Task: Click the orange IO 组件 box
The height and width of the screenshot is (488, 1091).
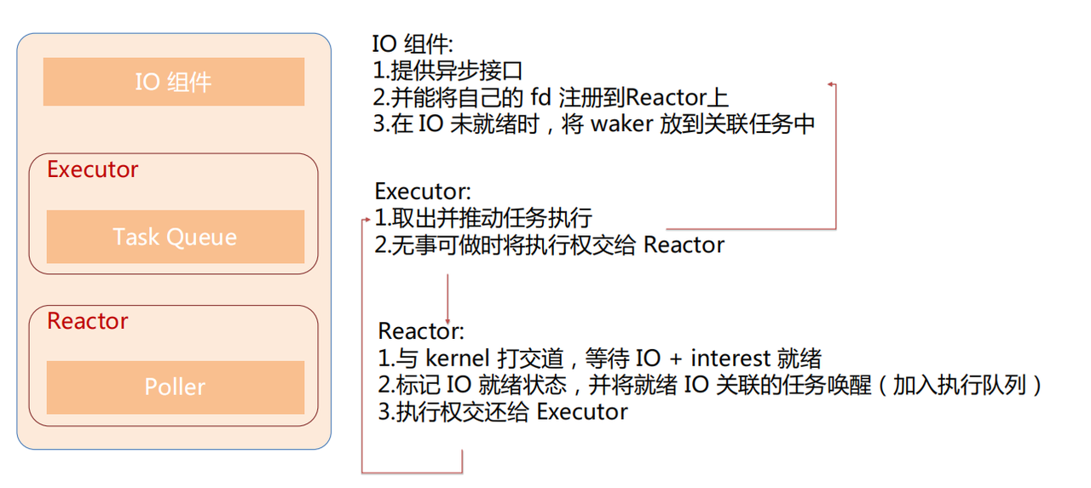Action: point(174,82)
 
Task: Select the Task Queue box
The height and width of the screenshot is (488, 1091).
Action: point(175,237)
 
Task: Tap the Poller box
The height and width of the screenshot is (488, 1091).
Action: point(175,387)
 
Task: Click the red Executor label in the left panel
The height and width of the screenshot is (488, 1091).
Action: point(92,169)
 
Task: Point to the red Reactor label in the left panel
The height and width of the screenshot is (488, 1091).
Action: point(87,321)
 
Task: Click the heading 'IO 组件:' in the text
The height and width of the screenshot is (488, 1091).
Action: point(413,43)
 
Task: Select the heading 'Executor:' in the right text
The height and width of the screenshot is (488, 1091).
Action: point(423,190)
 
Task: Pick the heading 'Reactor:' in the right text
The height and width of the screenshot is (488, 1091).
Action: point(421,330)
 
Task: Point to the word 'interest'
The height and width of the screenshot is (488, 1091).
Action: point(730,358)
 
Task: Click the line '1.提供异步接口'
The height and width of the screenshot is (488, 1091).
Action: point(447,71)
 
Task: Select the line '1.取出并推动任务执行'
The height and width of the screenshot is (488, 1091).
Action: point(483,217)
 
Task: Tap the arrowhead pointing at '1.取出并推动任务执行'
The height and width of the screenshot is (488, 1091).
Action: point(367,219)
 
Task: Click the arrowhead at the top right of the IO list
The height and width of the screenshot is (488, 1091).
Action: point(831,84)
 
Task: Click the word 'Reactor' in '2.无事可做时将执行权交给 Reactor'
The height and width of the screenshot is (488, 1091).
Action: point(684,245)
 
